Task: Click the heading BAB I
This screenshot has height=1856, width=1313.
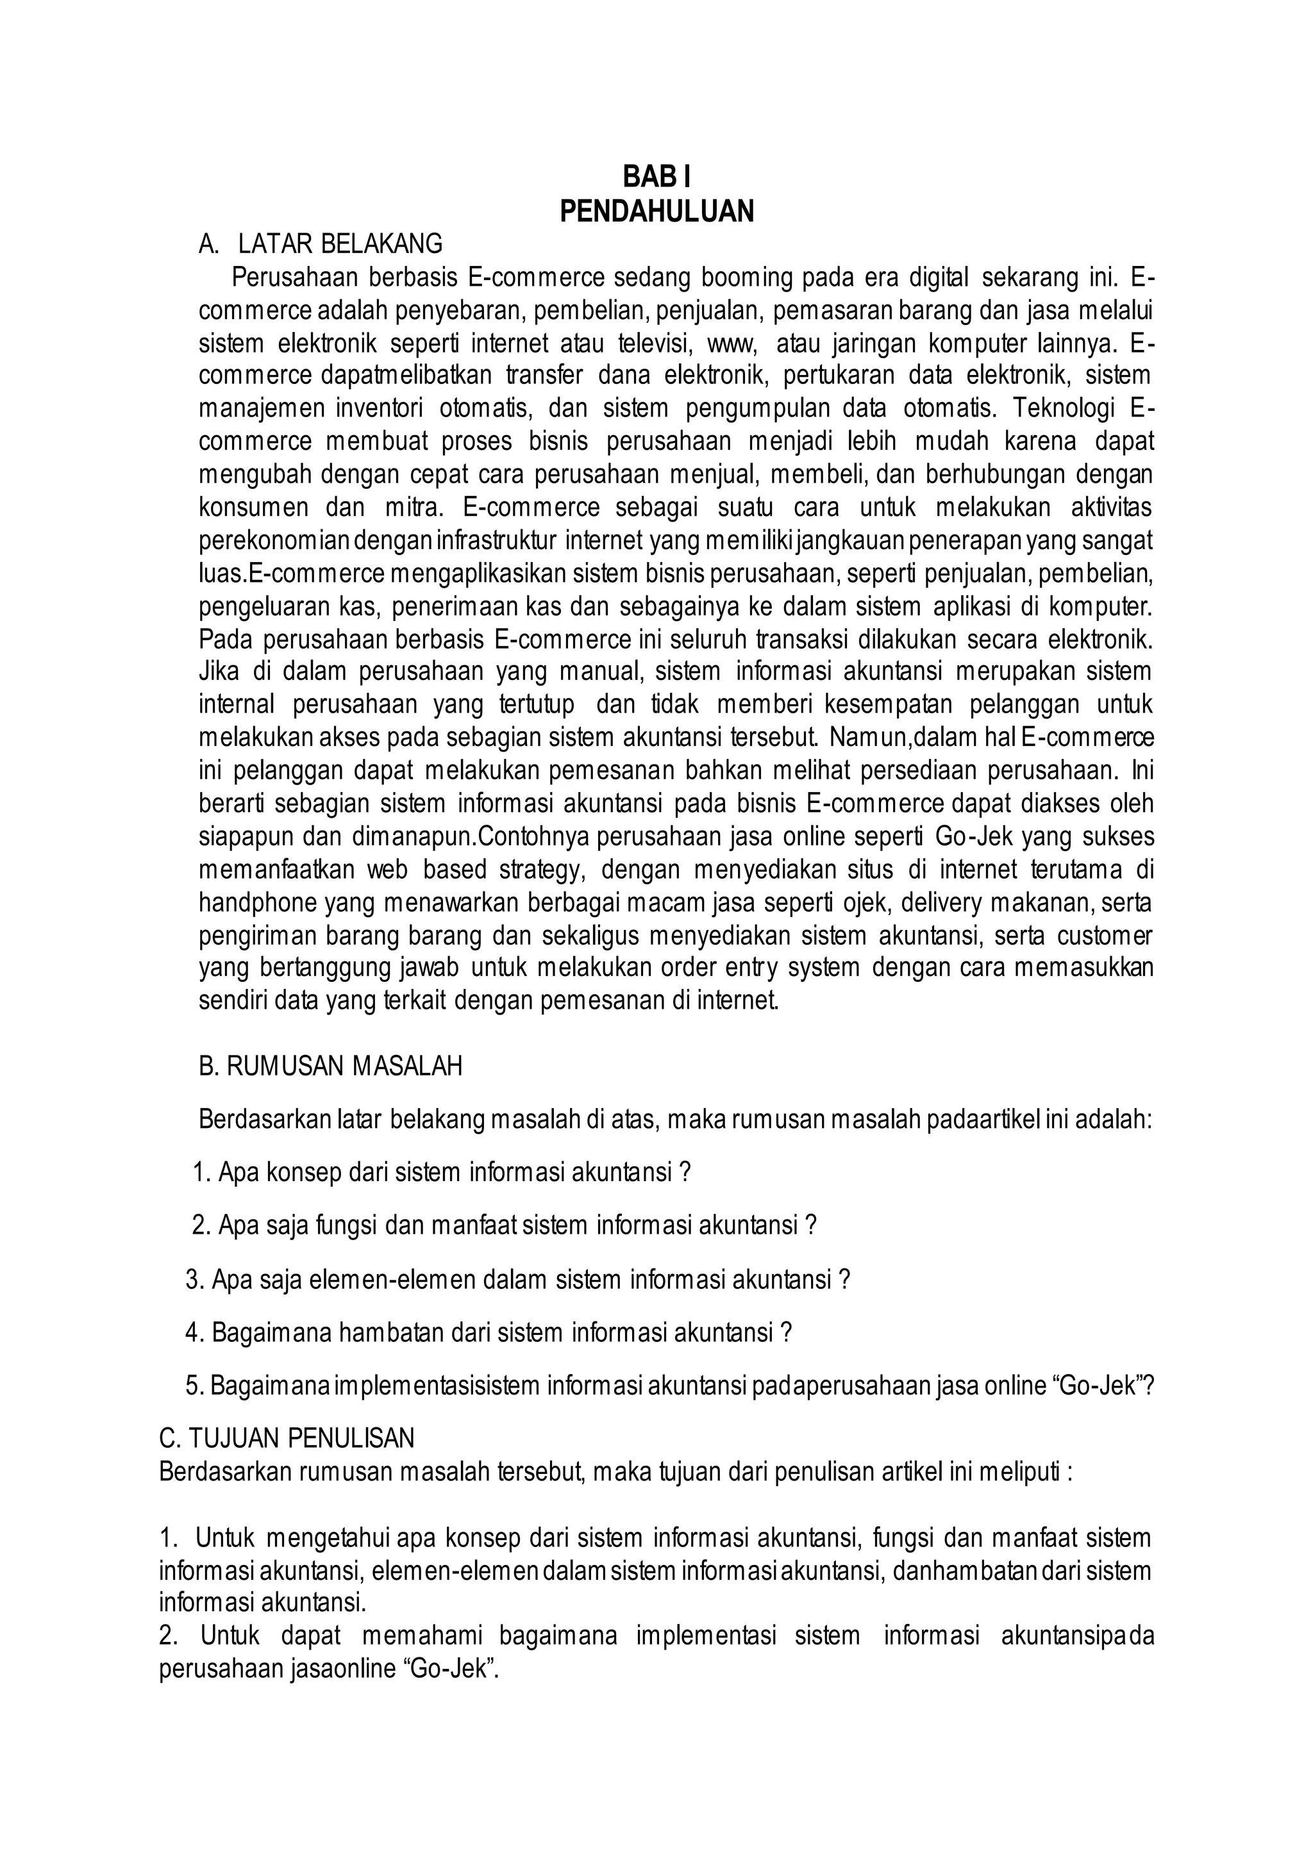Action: (x=656, y=176)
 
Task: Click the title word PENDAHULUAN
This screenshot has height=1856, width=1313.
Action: (x=656, y=211)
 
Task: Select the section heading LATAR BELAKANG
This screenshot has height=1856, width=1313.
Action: (x=340, y=244)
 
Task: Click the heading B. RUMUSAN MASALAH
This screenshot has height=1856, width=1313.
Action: (x=331, y=1066)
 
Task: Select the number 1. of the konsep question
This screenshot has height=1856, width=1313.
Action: (x=202, y=1172)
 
